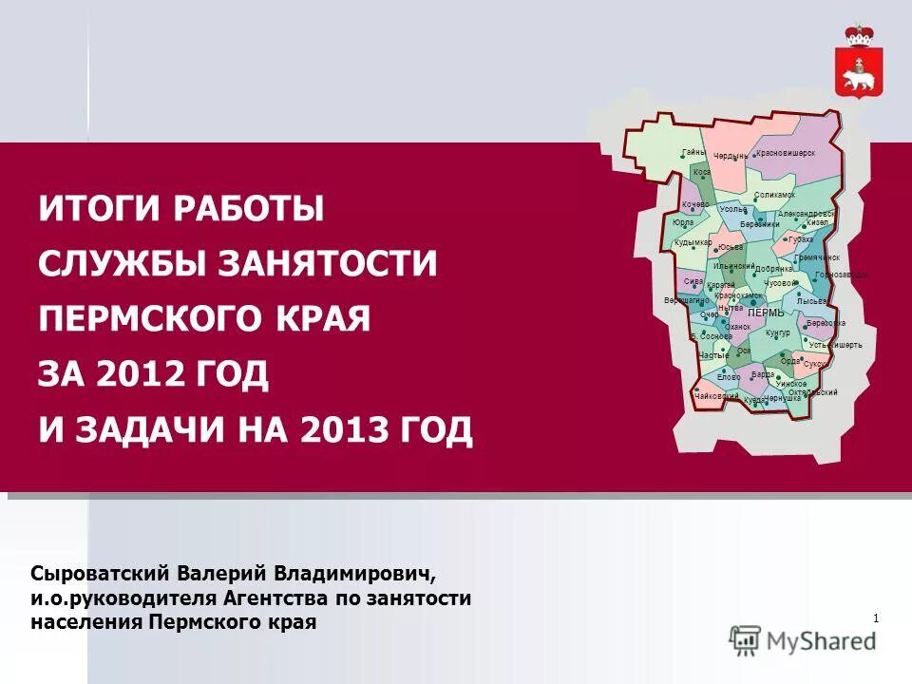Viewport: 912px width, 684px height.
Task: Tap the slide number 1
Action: pos(875,619)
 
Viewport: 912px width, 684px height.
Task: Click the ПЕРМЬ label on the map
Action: pos(766,313)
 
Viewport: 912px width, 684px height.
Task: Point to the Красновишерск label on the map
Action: pos(786,153)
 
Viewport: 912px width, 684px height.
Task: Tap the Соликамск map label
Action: pos(774,195)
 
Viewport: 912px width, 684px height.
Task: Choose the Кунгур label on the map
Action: pos(777,333)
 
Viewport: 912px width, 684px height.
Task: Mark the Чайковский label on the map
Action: pos(717,395)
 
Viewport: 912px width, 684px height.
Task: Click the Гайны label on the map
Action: pos(693,153)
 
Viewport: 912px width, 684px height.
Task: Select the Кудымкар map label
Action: pos(693,242)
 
